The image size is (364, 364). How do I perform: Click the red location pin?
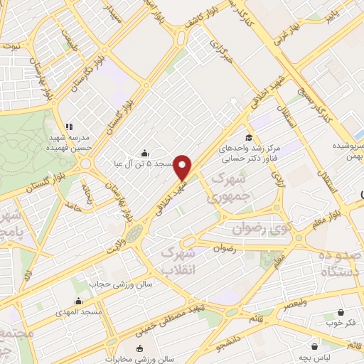[183, 166]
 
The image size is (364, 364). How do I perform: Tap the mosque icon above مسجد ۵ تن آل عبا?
[145, 153]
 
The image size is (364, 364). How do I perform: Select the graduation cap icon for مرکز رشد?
[249, 137]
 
